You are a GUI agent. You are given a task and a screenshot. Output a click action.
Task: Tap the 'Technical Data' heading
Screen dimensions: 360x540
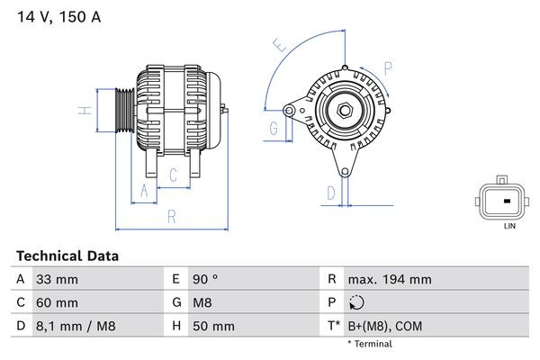67,256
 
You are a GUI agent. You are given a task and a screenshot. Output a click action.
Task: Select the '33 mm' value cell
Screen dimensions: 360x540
57,280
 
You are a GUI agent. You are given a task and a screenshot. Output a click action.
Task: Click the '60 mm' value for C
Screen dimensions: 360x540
57,302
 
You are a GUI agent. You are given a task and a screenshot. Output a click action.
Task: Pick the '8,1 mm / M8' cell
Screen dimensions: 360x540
76,326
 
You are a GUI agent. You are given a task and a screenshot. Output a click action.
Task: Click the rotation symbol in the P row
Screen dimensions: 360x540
358,303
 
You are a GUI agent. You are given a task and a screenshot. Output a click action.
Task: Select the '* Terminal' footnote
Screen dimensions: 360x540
370,344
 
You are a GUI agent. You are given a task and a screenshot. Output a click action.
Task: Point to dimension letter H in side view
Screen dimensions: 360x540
82,111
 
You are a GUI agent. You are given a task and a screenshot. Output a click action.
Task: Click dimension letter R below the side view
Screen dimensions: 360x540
171,216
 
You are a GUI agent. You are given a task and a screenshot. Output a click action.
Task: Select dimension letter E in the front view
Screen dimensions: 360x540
280,45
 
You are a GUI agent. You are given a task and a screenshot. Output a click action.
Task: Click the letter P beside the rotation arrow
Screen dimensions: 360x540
388,67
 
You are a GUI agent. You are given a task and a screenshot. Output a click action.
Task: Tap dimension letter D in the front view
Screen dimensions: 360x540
330,192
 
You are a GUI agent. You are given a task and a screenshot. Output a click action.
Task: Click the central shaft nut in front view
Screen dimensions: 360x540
344,110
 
